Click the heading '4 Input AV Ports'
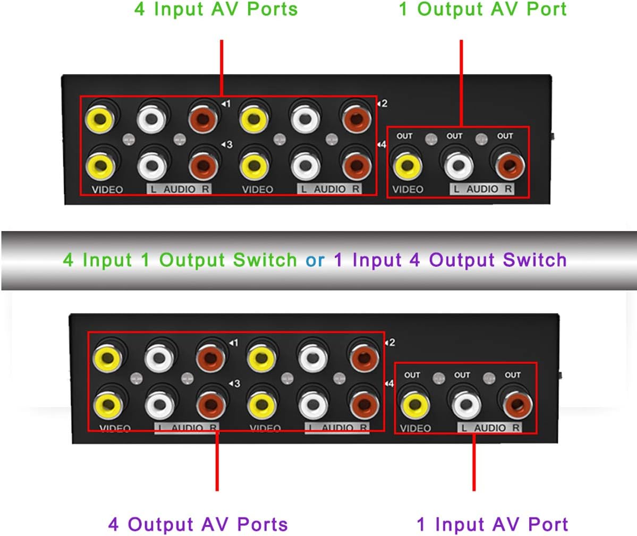(216, 10)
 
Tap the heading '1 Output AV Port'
(482, 10)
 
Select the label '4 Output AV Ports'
(198, 524)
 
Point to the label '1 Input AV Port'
(492, 524)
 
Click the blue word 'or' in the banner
(315, 260)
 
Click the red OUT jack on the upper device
(509, 165)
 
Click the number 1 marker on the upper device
(227, 104)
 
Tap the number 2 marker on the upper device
(383, 104)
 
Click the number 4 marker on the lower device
(390, 384)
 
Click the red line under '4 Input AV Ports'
(222, 67)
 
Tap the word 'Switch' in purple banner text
(535, 260)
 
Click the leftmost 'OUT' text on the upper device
(404, 136)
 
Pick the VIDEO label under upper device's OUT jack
(407, 189)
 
